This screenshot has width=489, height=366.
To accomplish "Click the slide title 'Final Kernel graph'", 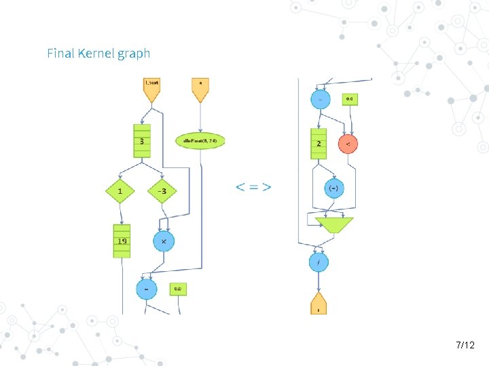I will click(x=98, y=53).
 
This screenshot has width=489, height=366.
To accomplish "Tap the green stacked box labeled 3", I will click(x=141, y=142).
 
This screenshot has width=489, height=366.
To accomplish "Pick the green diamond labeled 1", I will click(x=120, y=191).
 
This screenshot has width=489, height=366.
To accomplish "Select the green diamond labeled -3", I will click(x=162, y=191).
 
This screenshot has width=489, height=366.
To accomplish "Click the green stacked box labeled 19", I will click(x=122, y=241).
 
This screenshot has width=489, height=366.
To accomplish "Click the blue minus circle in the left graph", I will click(x=146, y=289).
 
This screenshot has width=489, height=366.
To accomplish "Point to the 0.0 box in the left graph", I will click(x=178, y=289).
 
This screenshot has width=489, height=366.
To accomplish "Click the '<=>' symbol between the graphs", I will click(x=253, y=186).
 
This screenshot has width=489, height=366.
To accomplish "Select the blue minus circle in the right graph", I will click(x=321, y=100).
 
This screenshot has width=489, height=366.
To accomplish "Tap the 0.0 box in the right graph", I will click(x=350, y=100).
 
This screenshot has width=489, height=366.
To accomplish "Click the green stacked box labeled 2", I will click(x=319, y=144).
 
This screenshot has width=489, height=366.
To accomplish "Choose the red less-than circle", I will click(x=348, y=144).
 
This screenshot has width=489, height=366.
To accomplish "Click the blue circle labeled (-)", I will click(x=334, y=189).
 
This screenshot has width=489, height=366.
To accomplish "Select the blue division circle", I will click(x=319, y=262).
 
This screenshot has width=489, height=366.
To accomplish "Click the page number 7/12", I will click(x=465, y=346).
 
